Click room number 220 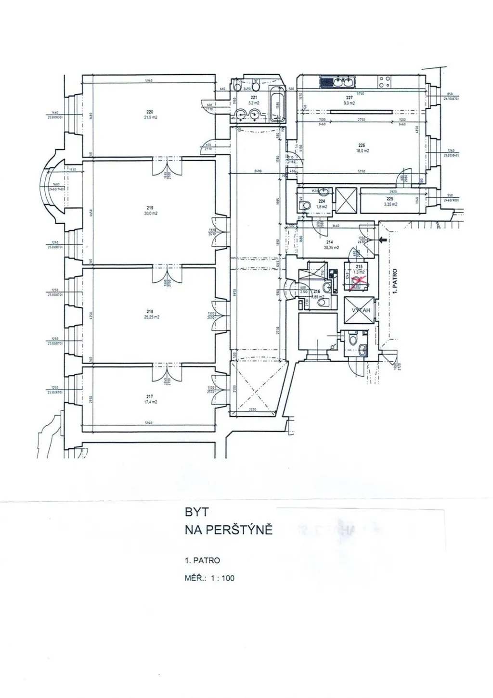coord(150,112)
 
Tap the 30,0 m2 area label coord(150,213)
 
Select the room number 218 coord(150,311)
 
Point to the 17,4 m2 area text coord(150,402)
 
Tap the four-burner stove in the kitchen coord(384,82)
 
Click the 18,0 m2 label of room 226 coord(363,151)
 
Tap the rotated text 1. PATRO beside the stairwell coord(395,281)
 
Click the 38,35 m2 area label coord(331,248)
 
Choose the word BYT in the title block coord(196,513)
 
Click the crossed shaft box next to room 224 coord(346,199)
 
